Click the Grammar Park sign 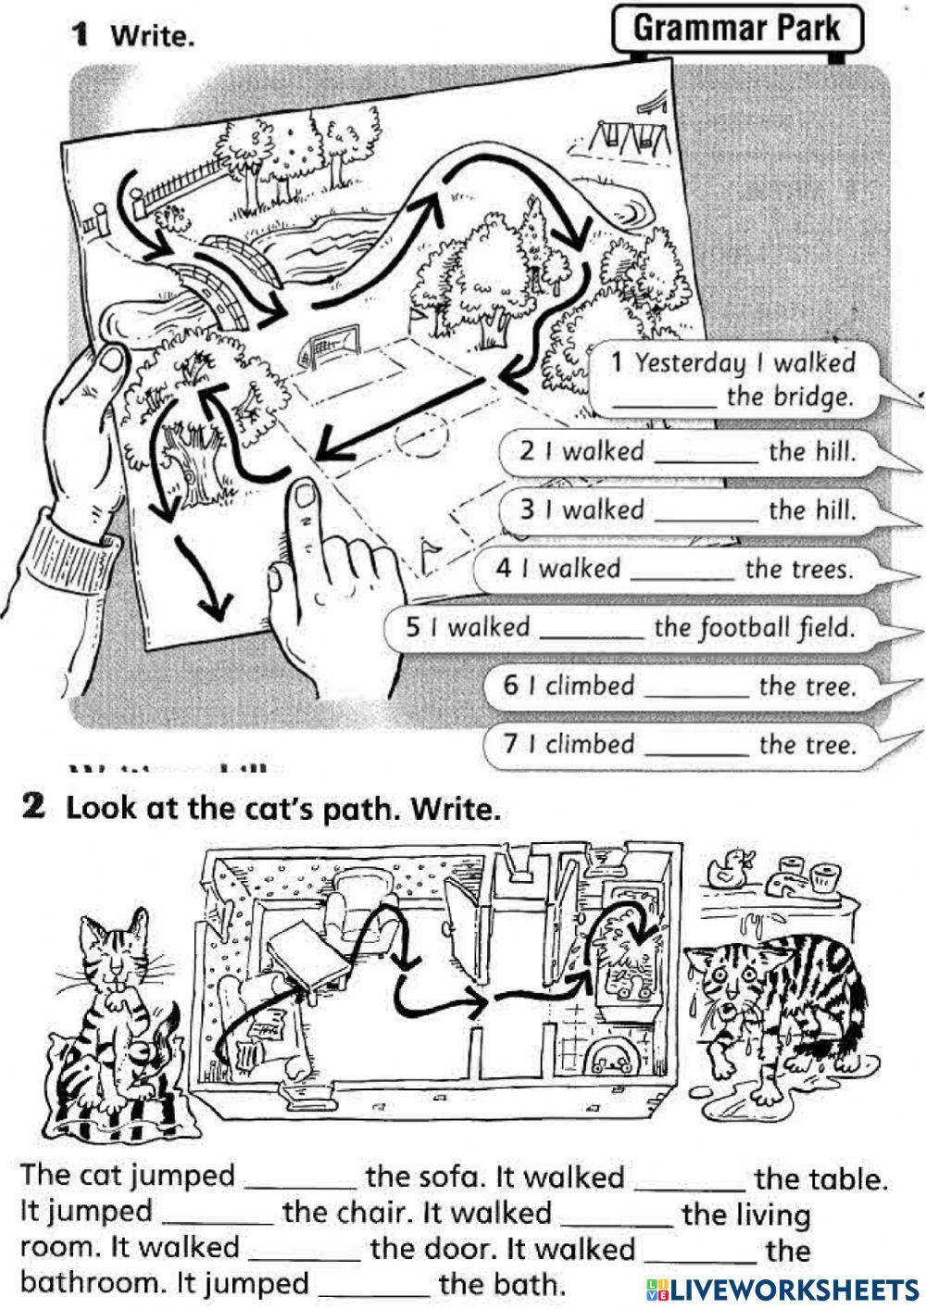coord(737,29)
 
